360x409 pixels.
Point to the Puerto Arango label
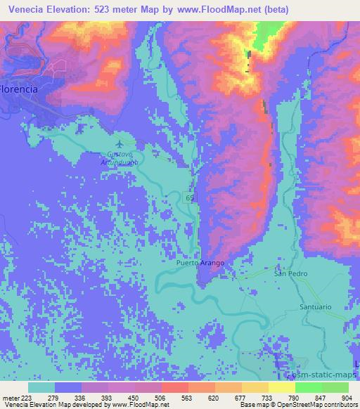click(x=200, y=263)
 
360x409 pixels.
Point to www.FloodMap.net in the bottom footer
click(x=139, y=405)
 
